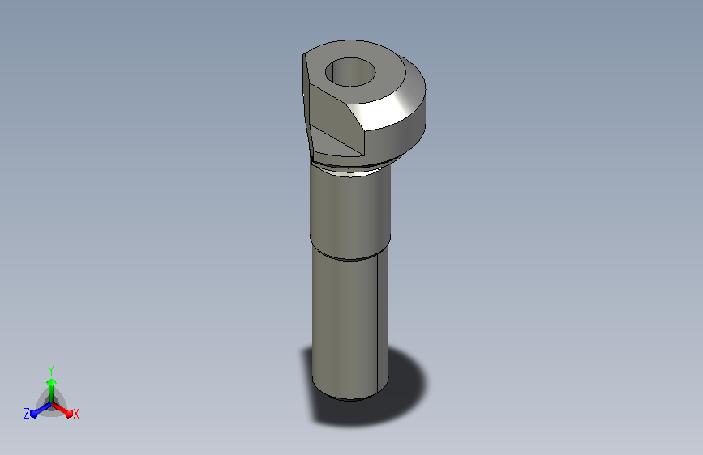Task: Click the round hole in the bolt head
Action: pyautogui.click(x=350, y=72)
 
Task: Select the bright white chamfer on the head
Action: pyautogui.click(x=390, y=105)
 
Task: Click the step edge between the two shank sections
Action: pyautogui.click(x=349, y=255)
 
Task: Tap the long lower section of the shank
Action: pyautogui.click(x=349, y=322)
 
